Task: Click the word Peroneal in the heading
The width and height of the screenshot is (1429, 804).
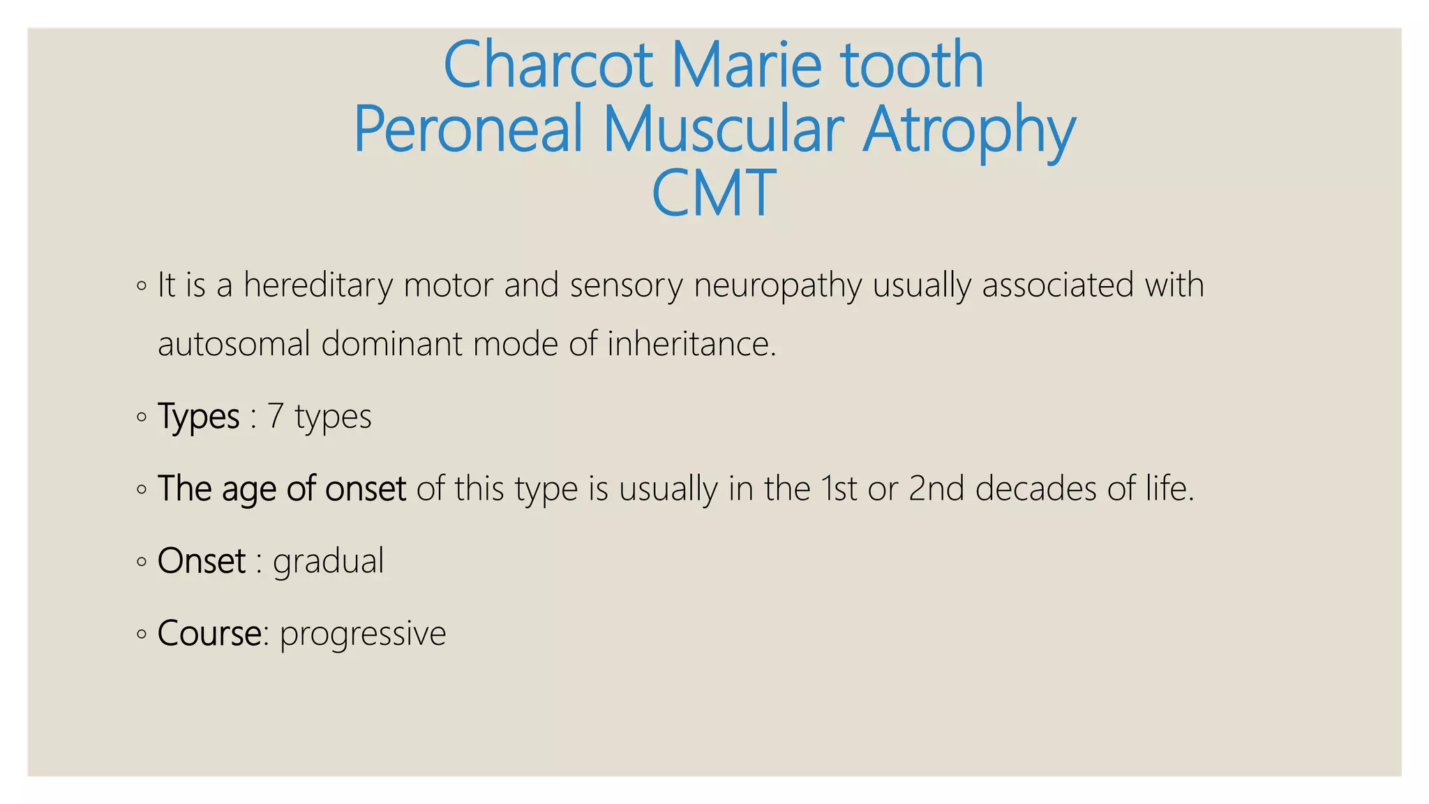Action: [467, 129]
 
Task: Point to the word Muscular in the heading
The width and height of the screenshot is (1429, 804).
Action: [723, 129]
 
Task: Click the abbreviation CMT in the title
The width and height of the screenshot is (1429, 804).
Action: [713, 193]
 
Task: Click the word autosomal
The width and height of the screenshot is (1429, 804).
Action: [234, 344]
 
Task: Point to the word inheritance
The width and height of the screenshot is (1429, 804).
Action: [691, 344]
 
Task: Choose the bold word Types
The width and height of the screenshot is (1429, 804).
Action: [199, 417]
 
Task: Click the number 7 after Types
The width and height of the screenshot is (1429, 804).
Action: [276, 416]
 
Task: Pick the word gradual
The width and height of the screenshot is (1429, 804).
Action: [328, 562]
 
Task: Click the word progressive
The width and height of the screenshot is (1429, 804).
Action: [363, 634]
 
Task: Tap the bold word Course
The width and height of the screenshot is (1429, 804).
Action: [209, 634]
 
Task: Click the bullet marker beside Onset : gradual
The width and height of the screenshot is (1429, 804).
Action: [142, 561]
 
